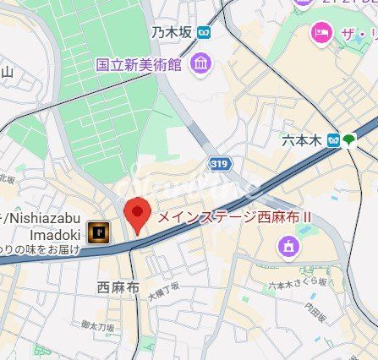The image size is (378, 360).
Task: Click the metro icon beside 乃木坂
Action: click(x=204, y=33)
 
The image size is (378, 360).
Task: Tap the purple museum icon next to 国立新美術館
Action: click(x=200, y=63)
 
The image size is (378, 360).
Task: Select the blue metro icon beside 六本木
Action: click(x=334, y=140)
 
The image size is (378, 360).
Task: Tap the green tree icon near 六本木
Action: click(x=349, y=140)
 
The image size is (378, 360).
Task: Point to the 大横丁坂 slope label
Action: click(x=165, y=294)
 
